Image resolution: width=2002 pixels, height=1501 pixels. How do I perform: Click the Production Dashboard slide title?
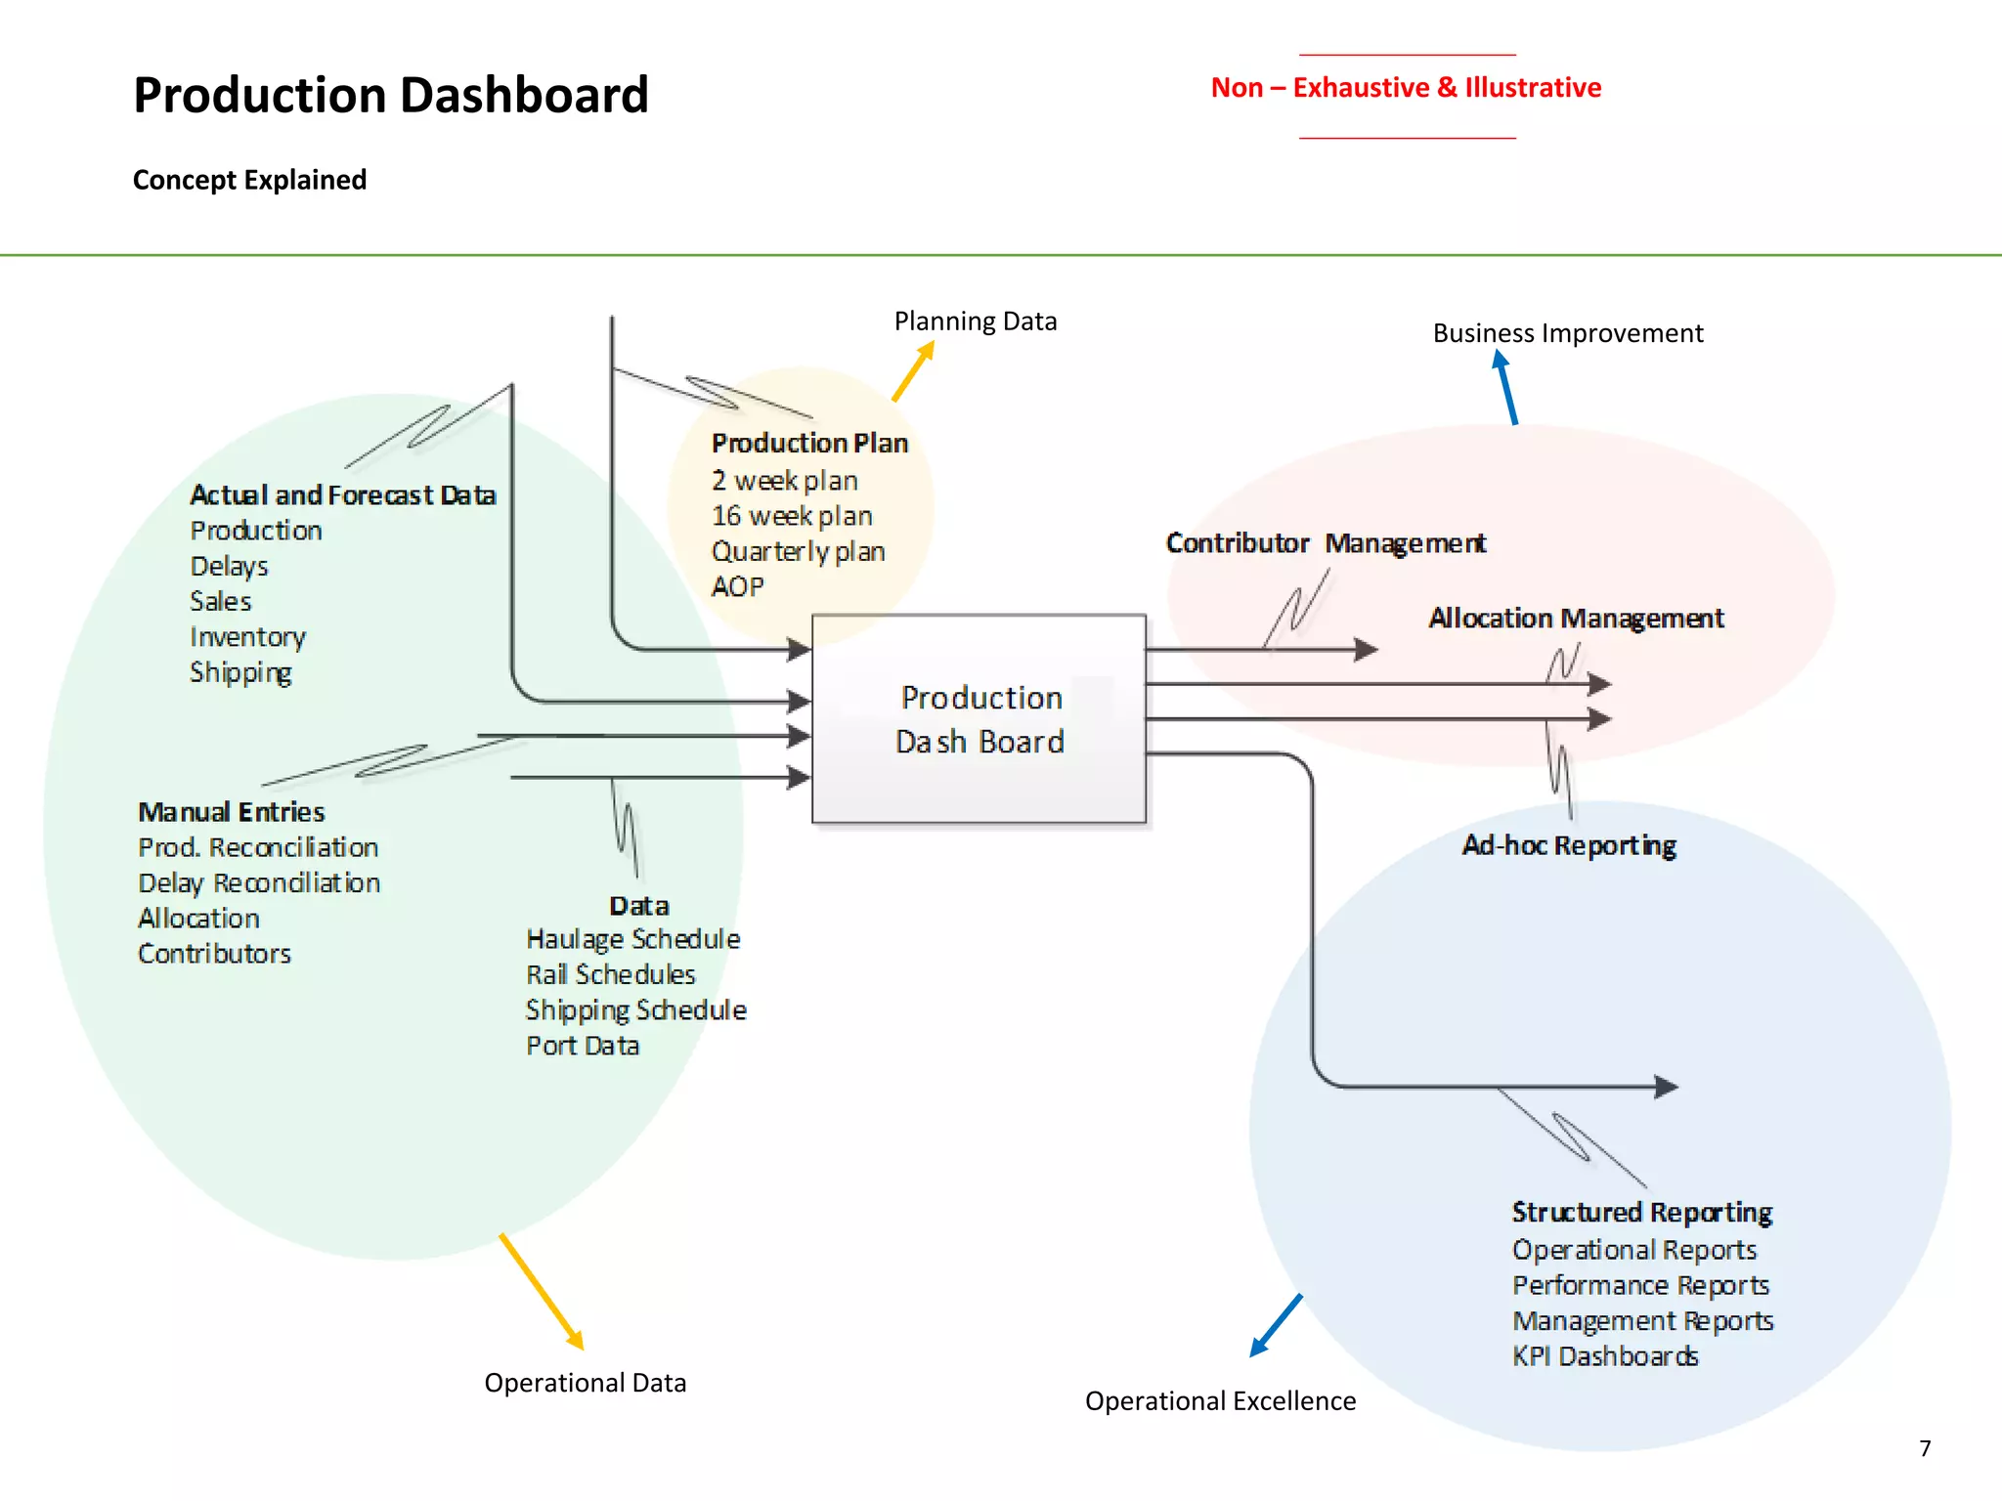click(x=390, y=95)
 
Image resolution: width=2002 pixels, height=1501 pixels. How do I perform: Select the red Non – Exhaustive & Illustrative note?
click(x=1406, y=88)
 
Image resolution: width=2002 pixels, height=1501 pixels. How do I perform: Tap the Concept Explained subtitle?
click(x=249, y=180)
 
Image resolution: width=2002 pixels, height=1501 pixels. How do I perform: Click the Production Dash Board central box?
click(x=979, y=719)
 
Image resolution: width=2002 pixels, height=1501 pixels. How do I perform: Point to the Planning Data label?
click(x=975, y=322)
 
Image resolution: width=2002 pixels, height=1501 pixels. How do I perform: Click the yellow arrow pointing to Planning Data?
click(x=913, y=371)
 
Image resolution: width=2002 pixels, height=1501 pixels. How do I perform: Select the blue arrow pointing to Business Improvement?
click(x=1506, y=388)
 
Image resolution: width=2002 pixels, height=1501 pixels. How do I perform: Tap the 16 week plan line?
click(x=792, y=516)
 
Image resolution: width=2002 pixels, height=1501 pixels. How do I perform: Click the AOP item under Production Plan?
click(x=737, y=587)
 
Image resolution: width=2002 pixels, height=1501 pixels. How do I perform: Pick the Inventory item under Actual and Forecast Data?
click(x=247, y=637)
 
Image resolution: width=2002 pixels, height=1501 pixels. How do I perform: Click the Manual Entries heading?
click(x=232, y=812)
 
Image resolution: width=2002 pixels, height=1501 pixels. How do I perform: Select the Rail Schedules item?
click(x=610, y=975)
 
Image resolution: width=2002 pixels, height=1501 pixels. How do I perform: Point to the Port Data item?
click(x=583, y=1047)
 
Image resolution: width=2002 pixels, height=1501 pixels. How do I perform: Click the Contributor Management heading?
click(x=1326, y=543)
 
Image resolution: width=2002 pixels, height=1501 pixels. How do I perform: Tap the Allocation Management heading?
click(x=1576, y=619)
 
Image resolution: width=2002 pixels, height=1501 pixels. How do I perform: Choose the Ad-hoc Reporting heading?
click(x=1569, y=845)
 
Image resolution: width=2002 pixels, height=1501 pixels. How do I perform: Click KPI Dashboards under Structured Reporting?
click(x=1604, y=1357)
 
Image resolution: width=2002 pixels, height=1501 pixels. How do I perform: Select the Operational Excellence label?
click(x=1220, y=1401)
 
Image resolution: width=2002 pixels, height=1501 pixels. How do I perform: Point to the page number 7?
click(x=1925, y=1448)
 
